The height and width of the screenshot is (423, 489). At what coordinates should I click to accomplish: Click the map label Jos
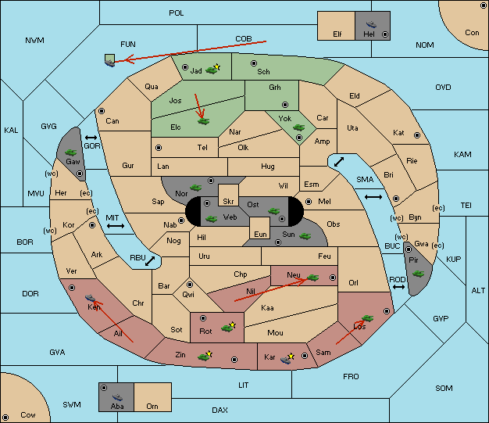pyautogui.click(x=175, y=101)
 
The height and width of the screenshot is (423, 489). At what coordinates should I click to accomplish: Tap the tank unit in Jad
pyautogui.click(x=212, y=70)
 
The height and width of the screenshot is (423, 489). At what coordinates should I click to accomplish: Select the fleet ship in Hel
pyautogui.click(x=371, y=24)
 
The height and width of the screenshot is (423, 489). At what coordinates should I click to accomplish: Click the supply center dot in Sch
pyautogui.click(x=254, y=63)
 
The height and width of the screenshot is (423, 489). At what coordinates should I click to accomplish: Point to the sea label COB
pyautogui.click(x=244, y=39)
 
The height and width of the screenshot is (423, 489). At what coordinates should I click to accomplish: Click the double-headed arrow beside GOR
pyautogui.click(x=91, y=138)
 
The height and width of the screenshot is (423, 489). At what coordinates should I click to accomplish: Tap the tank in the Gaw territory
pyautogui.click(x=71, y=152)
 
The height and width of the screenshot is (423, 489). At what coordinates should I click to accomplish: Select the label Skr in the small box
pyautogui.click(x=228, y=202)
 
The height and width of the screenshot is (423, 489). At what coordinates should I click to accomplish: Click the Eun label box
pyautogui.click(x=260, y=228)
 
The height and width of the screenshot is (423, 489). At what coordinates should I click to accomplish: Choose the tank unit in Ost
pyautogui.click(x=274, y=211)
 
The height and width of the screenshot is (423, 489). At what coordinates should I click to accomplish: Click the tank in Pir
pyautogui.click(x=419, y=274)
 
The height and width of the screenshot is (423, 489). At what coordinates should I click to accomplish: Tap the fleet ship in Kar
pyautogui.click(x=286, y=360)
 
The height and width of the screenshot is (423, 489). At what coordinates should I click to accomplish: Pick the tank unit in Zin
pyautogui.click(x=204, y=357)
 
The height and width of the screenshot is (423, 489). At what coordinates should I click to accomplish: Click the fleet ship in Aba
pyautogui.click(x=118, y=397)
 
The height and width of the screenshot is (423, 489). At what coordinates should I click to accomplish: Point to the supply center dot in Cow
pyautogui.click(x=5, y=418)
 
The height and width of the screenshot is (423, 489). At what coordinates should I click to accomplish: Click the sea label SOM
pyautogui.click(x=444, y=388)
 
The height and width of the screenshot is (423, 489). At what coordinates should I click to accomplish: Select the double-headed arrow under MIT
pyautogui.click(x=116, y=226)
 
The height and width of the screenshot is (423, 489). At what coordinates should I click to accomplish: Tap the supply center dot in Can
pyautogui.click(x=102, y=111)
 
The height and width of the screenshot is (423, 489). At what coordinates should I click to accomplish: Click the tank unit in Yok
pyautogui.click(x=298, y=127)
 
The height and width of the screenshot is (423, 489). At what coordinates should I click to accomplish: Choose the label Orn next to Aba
pyautogui.click(x=152, y=406)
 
